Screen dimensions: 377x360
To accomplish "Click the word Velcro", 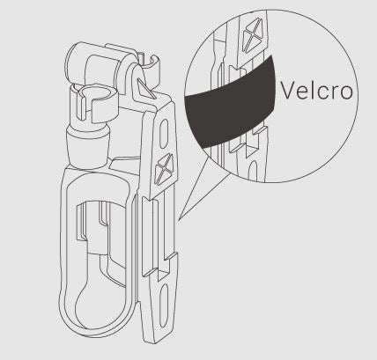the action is click(x=316, y=91).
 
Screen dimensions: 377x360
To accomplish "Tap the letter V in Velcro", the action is click(x=287, y=91).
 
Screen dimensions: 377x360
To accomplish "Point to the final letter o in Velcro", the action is click(x=346, y=93).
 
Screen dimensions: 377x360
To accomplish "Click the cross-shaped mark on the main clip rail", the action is click(x=165, y=170).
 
